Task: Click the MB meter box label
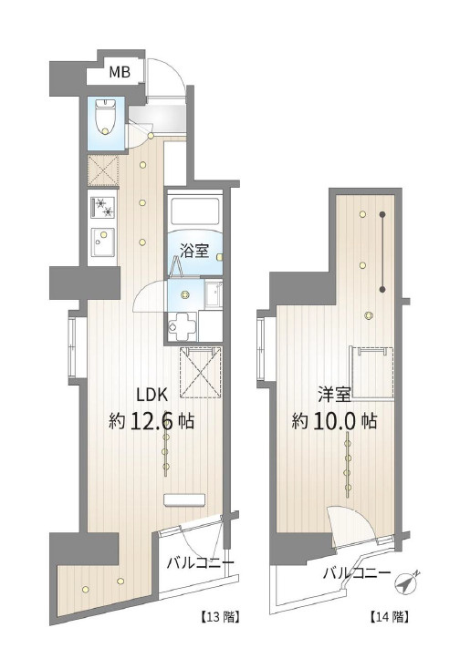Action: click(120, 72)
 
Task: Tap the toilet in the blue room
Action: click(105, 117)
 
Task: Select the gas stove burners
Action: click(103, 207)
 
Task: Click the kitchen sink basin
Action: click(102, 242)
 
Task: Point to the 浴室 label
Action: click(194, 251)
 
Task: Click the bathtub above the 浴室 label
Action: click(194, 211)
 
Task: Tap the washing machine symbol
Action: click(183, 327)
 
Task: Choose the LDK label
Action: click(152, 396)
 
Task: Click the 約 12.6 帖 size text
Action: click(152, 421)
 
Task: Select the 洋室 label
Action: click(334, 395)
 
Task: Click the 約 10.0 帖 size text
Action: click(334, 421)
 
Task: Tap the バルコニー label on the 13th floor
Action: click(200, 562)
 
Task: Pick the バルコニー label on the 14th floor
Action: click(357, 573)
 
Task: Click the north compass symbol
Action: click(407, 582)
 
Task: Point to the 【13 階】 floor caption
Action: click(220, 617)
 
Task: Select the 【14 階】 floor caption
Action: click(388, 617)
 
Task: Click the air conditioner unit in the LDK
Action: click(185, 500)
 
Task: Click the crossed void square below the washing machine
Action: click(201, 372)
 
